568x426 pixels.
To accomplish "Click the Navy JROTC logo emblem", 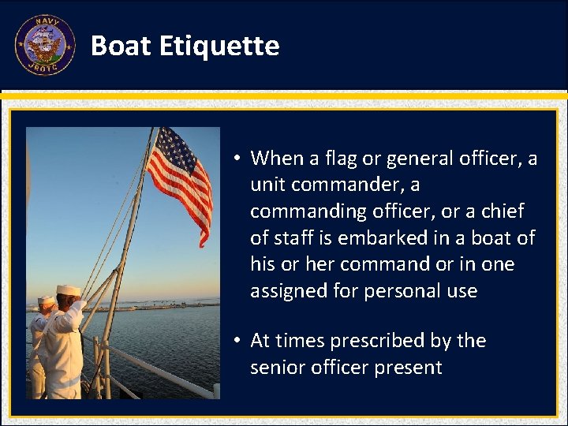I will click(44, 45).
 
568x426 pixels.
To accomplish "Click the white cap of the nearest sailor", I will click(69, 290).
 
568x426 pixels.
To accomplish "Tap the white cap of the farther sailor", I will click(47, 301).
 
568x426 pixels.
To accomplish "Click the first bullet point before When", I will click(237, 159).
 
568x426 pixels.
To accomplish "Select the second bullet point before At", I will click(237, 342).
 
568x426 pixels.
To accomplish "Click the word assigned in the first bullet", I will click(288, 291).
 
